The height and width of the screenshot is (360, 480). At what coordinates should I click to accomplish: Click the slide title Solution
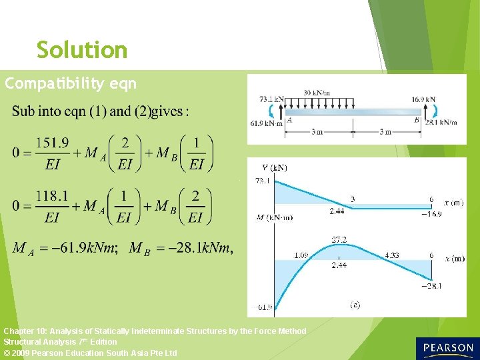81,50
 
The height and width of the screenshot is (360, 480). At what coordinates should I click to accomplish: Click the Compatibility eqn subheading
71,84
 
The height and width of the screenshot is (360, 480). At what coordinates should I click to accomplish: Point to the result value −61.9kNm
79,248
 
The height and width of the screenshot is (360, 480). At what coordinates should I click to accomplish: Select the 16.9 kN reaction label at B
423,99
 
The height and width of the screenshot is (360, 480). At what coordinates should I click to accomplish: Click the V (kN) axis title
274,168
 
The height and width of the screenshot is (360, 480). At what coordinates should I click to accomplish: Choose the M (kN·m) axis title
274,217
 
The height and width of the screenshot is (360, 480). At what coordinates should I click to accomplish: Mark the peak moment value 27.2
339,239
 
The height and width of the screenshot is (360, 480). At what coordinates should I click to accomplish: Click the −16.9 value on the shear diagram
431,214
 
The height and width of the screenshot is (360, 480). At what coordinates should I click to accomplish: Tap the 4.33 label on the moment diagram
393,255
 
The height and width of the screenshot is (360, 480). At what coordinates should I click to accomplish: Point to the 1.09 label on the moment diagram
301,255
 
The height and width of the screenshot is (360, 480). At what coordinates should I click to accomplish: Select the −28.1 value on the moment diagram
431,286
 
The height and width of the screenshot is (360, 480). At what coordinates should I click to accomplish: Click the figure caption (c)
355,305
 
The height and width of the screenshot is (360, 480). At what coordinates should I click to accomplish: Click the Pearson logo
446,348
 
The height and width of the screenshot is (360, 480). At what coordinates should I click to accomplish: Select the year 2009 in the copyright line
24,353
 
